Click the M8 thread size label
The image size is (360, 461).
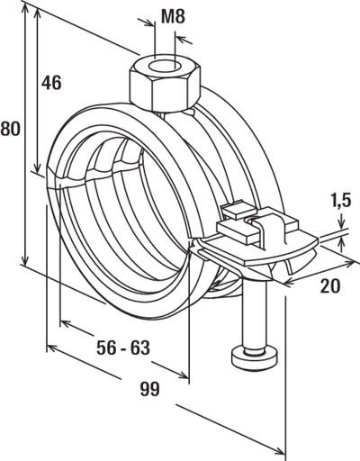tap(173, 16)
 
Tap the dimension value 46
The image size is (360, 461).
tap(51, 83)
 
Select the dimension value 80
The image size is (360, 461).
tap(10, 129)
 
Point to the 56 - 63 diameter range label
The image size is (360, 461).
tap(123, 348)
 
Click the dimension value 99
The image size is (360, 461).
tap(150, 390)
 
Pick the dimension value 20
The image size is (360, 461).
tap(330, 285)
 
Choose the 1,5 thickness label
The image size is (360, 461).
tap(341, 201)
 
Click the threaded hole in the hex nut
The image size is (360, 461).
tap(165, 67)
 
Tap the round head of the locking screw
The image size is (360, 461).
tap(255, 356)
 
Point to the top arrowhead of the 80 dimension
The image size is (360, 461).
tap(25, 9)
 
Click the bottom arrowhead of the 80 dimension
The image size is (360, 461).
tap(25, 258)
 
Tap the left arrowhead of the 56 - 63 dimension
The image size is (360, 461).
tap(66, 324)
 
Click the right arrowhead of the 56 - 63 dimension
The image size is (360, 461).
tap(183, 375)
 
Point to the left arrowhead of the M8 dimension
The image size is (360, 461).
tap(149, 23)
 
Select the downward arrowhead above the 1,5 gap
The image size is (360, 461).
tap(341, 223)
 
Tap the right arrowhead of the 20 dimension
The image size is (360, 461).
tap(347, 265)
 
